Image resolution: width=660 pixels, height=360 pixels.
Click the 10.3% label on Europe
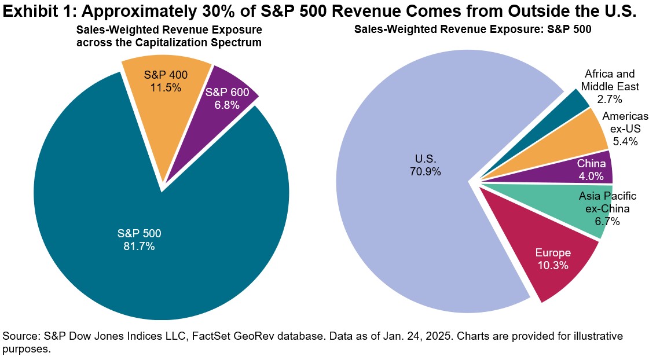(x=552, y=266)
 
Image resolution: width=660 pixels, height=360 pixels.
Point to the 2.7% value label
(x=610, y=100)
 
